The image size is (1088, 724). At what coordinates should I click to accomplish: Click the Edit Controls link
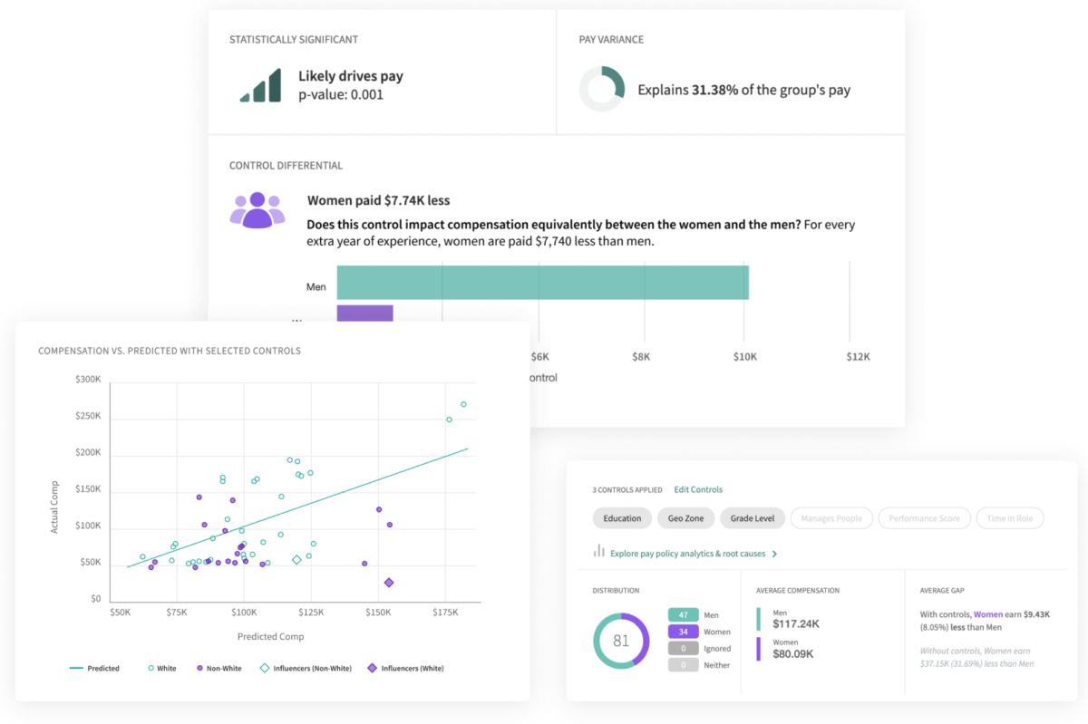click(698, 489)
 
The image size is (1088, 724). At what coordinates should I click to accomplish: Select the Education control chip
click(622, 518)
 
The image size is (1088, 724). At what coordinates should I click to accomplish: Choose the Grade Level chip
click(752, 518)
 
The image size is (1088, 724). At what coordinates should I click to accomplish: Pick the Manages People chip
click(831, 518)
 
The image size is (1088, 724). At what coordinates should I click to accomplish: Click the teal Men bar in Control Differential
click(542, 282)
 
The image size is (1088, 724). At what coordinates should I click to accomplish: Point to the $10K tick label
click(744, 357)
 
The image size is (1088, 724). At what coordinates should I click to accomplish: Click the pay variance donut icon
click(602, 89)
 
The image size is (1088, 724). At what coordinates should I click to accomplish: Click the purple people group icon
click(257, 210)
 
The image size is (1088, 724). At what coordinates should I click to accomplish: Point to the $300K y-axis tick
click(88, 380)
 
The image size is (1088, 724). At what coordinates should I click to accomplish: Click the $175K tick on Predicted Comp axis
click(445, 613)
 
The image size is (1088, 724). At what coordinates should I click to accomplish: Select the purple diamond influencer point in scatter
click(389, 583)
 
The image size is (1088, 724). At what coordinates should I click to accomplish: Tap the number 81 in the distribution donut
click(621, 641)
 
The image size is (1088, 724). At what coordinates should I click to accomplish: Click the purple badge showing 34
click(684, 632)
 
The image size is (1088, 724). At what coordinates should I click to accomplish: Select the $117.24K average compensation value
click(795, 623)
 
